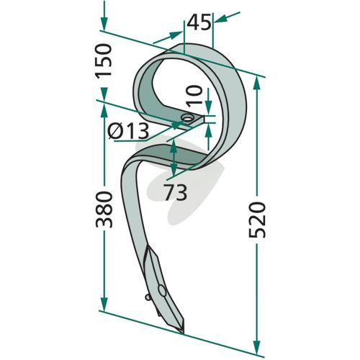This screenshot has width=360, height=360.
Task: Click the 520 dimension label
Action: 257,220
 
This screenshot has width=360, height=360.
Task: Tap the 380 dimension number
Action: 104,210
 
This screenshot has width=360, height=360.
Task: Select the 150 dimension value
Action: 104,60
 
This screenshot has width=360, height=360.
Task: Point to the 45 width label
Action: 199,22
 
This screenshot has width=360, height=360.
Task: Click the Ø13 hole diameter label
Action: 128,131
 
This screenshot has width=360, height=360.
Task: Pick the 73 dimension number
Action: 176,192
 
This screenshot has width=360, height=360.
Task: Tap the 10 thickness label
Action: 194,96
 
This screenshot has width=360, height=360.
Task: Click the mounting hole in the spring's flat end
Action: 188,118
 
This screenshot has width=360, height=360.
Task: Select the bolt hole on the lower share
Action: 162,291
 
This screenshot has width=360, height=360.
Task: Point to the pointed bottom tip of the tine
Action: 183,333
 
